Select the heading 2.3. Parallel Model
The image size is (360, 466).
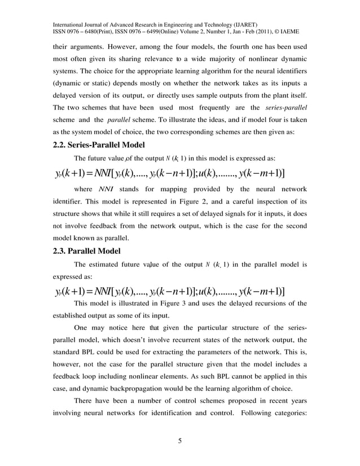[x=85, y=251]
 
